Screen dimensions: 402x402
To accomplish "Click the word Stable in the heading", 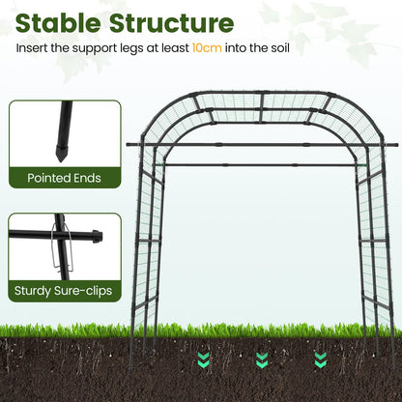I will [x=59, y=22].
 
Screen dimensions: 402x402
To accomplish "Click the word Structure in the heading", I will [x=174, y=22].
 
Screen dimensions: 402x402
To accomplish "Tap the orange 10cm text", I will [x=208, y=47].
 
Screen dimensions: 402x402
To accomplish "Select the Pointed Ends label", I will [x=65, y=178].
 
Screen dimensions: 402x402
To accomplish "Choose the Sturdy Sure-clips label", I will [x=65, y=289].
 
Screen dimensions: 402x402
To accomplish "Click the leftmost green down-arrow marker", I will [x=203, y=360].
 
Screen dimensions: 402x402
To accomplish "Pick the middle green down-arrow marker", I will [x=262, y=360].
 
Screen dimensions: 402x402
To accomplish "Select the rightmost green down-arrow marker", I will [x=320, y=360].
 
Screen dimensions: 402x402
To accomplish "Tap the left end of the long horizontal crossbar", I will [x=129, y=145].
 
